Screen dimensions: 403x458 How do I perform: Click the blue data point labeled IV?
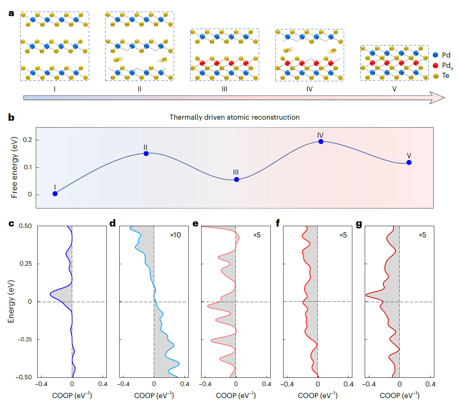(x=321, y=141)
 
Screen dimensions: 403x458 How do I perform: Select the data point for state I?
(x=55, y=194)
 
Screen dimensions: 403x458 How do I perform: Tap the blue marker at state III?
(x=237, y=179)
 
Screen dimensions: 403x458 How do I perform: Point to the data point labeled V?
(x=409, y=163)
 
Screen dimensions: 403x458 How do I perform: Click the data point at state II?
(x=146, y=154)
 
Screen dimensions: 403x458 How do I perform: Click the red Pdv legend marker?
(x=435, y=65)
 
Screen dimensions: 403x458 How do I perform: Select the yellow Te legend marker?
(x=435, y=76)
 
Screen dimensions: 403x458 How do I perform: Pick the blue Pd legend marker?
(x=435, y=55)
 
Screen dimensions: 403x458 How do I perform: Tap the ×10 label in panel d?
(x=175, y=235)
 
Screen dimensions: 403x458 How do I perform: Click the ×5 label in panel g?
(x=422, y=235)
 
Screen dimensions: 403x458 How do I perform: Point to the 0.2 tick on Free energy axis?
(x=27, y=140)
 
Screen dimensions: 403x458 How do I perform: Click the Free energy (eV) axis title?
(x=14, y=167)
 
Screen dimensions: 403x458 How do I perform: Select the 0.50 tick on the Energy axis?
(x=26, y=226)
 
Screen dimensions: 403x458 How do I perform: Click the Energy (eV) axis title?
(x=11, y=301)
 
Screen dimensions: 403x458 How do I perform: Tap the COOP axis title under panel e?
(x=236, y=395)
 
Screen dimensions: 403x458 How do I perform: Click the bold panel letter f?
(x=278, y=224)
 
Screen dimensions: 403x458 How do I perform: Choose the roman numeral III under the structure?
(x=224, y=89)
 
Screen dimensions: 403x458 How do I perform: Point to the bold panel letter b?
(x=11, y=117)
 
